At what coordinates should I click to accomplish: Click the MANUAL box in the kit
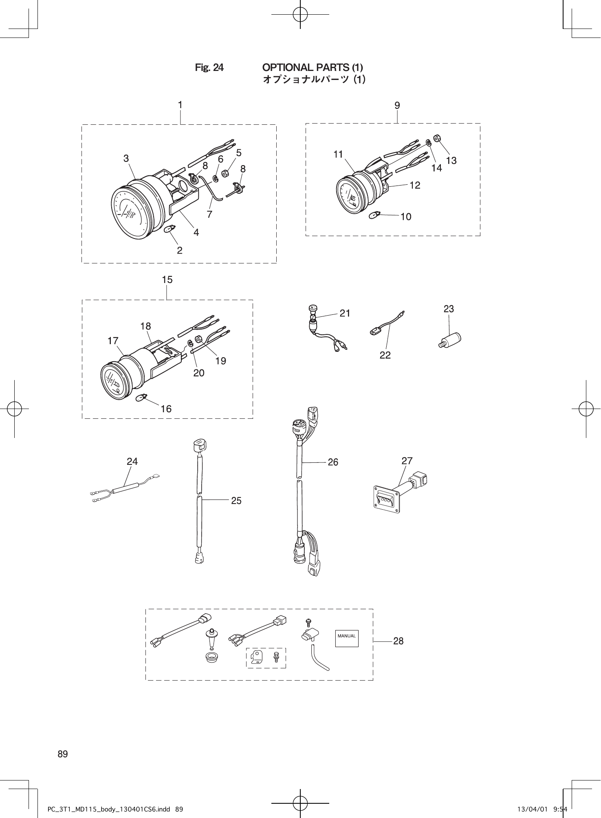point(347,636)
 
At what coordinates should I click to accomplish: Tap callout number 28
point(398,641)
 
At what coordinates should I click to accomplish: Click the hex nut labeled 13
point(436,138)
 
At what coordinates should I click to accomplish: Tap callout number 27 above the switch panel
point(407,461)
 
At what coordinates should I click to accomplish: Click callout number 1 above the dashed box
point(180,105)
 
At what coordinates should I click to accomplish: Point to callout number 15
point(167,280)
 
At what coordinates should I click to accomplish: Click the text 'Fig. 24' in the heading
point(209,67)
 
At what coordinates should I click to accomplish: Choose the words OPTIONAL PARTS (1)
point(313,67)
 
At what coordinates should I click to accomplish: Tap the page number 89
point(63,754)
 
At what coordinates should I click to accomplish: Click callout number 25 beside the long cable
point(236,500)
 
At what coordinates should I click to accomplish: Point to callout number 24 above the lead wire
point(132,461)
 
